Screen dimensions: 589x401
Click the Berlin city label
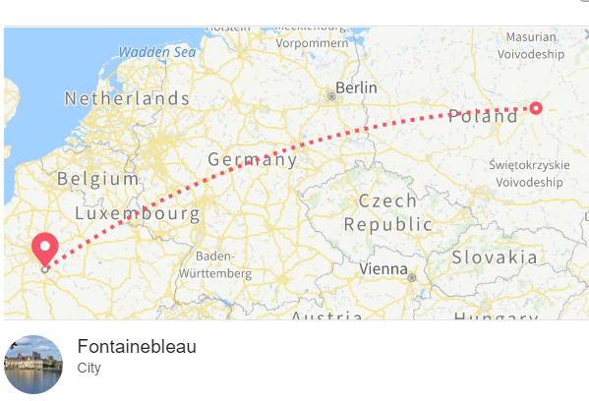tap(356, 87)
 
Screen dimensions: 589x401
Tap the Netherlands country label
tap(127, 98)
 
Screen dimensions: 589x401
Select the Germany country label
tap(252, 159)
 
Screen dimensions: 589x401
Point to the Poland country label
tap(483, 117)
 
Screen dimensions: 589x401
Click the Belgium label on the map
tap(98, 179)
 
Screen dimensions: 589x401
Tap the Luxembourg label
tap(138, 213)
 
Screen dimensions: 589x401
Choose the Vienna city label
tap(383, 268)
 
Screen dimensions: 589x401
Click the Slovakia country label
tap(495, 258)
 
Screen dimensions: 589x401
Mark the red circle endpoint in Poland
tap(536, 107)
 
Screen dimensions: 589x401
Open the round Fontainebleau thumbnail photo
tap(33, 365)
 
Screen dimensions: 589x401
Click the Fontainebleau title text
tap(137, 347)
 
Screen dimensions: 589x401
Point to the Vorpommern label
tap(313, 42)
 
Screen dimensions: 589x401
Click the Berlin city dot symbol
tap(330, 96)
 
